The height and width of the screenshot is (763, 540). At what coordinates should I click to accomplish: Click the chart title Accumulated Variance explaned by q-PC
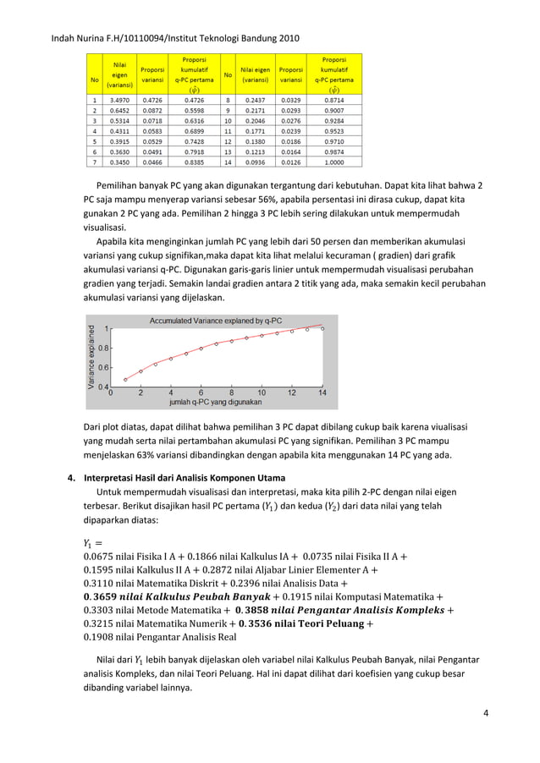pyautogui.click(x=216, y=321)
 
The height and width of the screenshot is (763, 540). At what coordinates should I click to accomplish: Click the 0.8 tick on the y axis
pyautogui.click(x=102, y=348)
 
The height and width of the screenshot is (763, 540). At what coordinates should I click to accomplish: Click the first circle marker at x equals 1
pyautogui.click(x=125, y=379)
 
